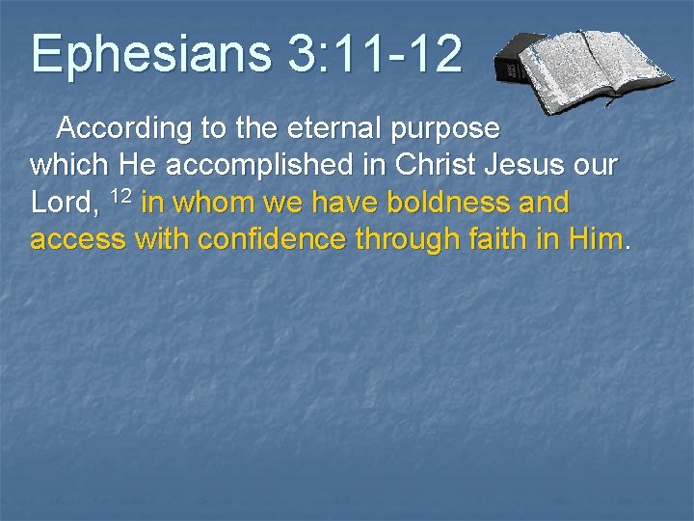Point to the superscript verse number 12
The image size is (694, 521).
[x=120, y=197]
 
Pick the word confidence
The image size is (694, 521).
[x=273, y=240]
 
